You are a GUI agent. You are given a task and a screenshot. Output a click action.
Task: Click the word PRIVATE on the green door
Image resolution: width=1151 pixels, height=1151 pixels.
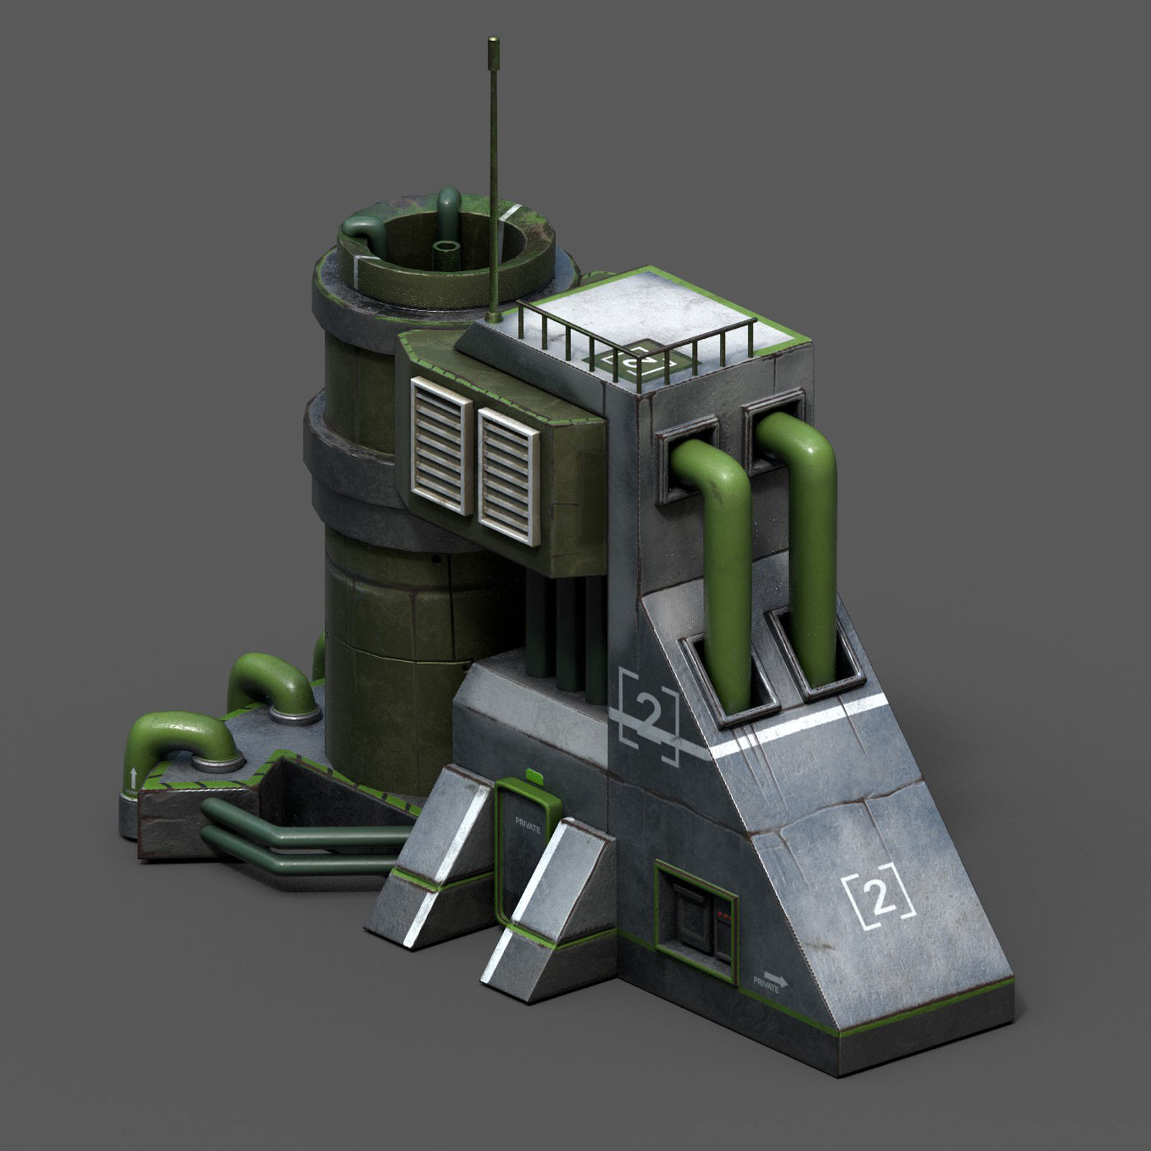528,824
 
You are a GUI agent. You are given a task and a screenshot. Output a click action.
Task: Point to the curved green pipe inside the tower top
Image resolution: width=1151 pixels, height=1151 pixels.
367,232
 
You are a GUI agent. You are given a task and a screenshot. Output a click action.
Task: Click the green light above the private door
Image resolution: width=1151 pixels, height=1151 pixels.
534,775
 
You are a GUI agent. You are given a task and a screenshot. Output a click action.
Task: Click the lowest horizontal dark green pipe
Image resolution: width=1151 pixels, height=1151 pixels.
302,862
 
